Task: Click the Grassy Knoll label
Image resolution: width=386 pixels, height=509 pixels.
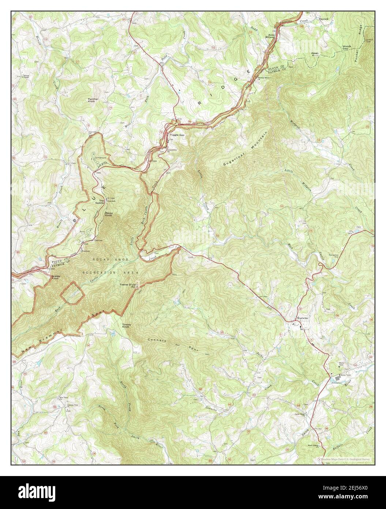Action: click(56, 277)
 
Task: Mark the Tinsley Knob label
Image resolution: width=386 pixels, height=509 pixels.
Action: click(127, 325)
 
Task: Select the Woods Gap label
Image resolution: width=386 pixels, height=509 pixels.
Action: click(346, 48)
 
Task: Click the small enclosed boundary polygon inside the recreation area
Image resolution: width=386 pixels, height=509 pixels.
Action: click(72, 293)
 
